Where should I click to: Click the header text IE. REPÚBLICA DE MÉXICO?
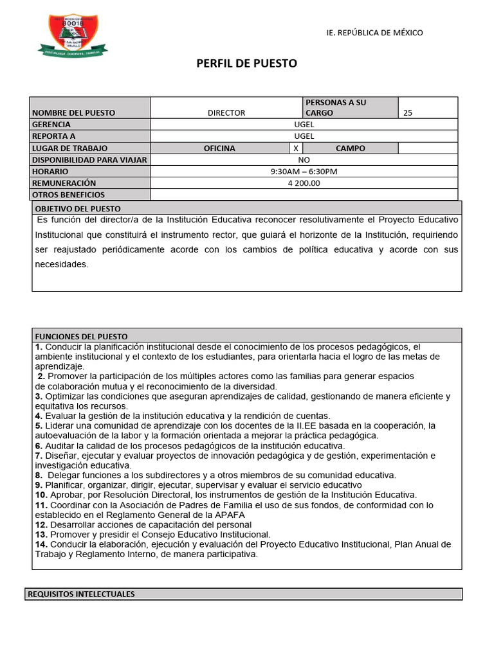tap(374, 33)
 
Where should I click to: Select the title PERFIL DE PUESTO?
tap(246, 64)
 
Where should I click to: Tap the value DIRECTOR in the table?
tap(226, 113)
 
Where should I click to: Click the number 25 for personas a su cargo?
tap(408, 113)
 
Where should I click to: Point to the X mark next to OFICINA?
tap(295, 148)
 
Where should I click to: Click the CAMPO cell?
tap(350, 148)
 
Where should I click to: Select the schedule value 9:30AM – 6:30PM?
tap(304, 172)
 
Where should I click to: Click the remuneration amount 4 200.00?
tap(304, 183)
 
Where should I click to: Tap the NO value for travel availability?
tap(304, 160)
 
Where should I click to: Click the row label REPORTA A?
tap(53, 136)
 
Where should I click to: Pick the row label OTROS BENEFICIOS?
tap(68, 195)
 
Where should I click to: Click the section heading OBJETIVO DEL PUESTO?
tap(77, 209)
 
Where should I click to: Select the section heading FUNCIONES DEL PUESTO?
tap(81, 336)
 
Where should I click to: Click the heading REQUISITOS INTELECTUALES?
tap(81, 594)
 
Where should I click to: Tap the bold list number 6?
tap(39, 445)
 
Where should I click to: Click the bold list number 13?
tap(41, 534)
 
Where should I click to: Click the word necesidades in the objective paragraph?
tap(61, 264)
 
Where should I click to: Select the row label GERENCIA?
tap(51, 125)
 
